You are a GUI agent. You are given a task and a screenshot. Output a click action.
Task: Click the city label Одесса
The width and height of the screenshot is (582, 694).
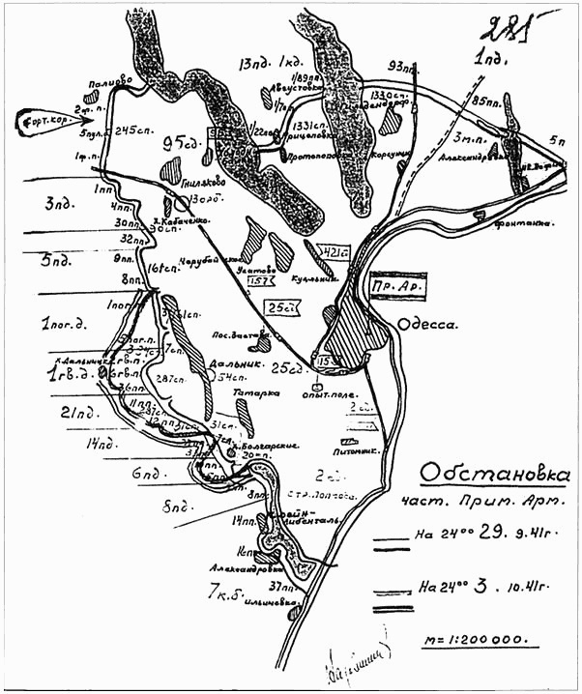(x=434, y=327)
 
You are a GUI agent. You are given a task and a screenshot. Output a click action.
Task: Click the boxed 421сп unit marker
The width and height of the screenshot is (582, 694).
(x=334, y=252)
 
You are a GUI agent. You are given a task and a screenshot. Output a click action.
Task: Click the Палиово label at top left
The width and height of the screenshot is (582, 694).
(x=107, y=83)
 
